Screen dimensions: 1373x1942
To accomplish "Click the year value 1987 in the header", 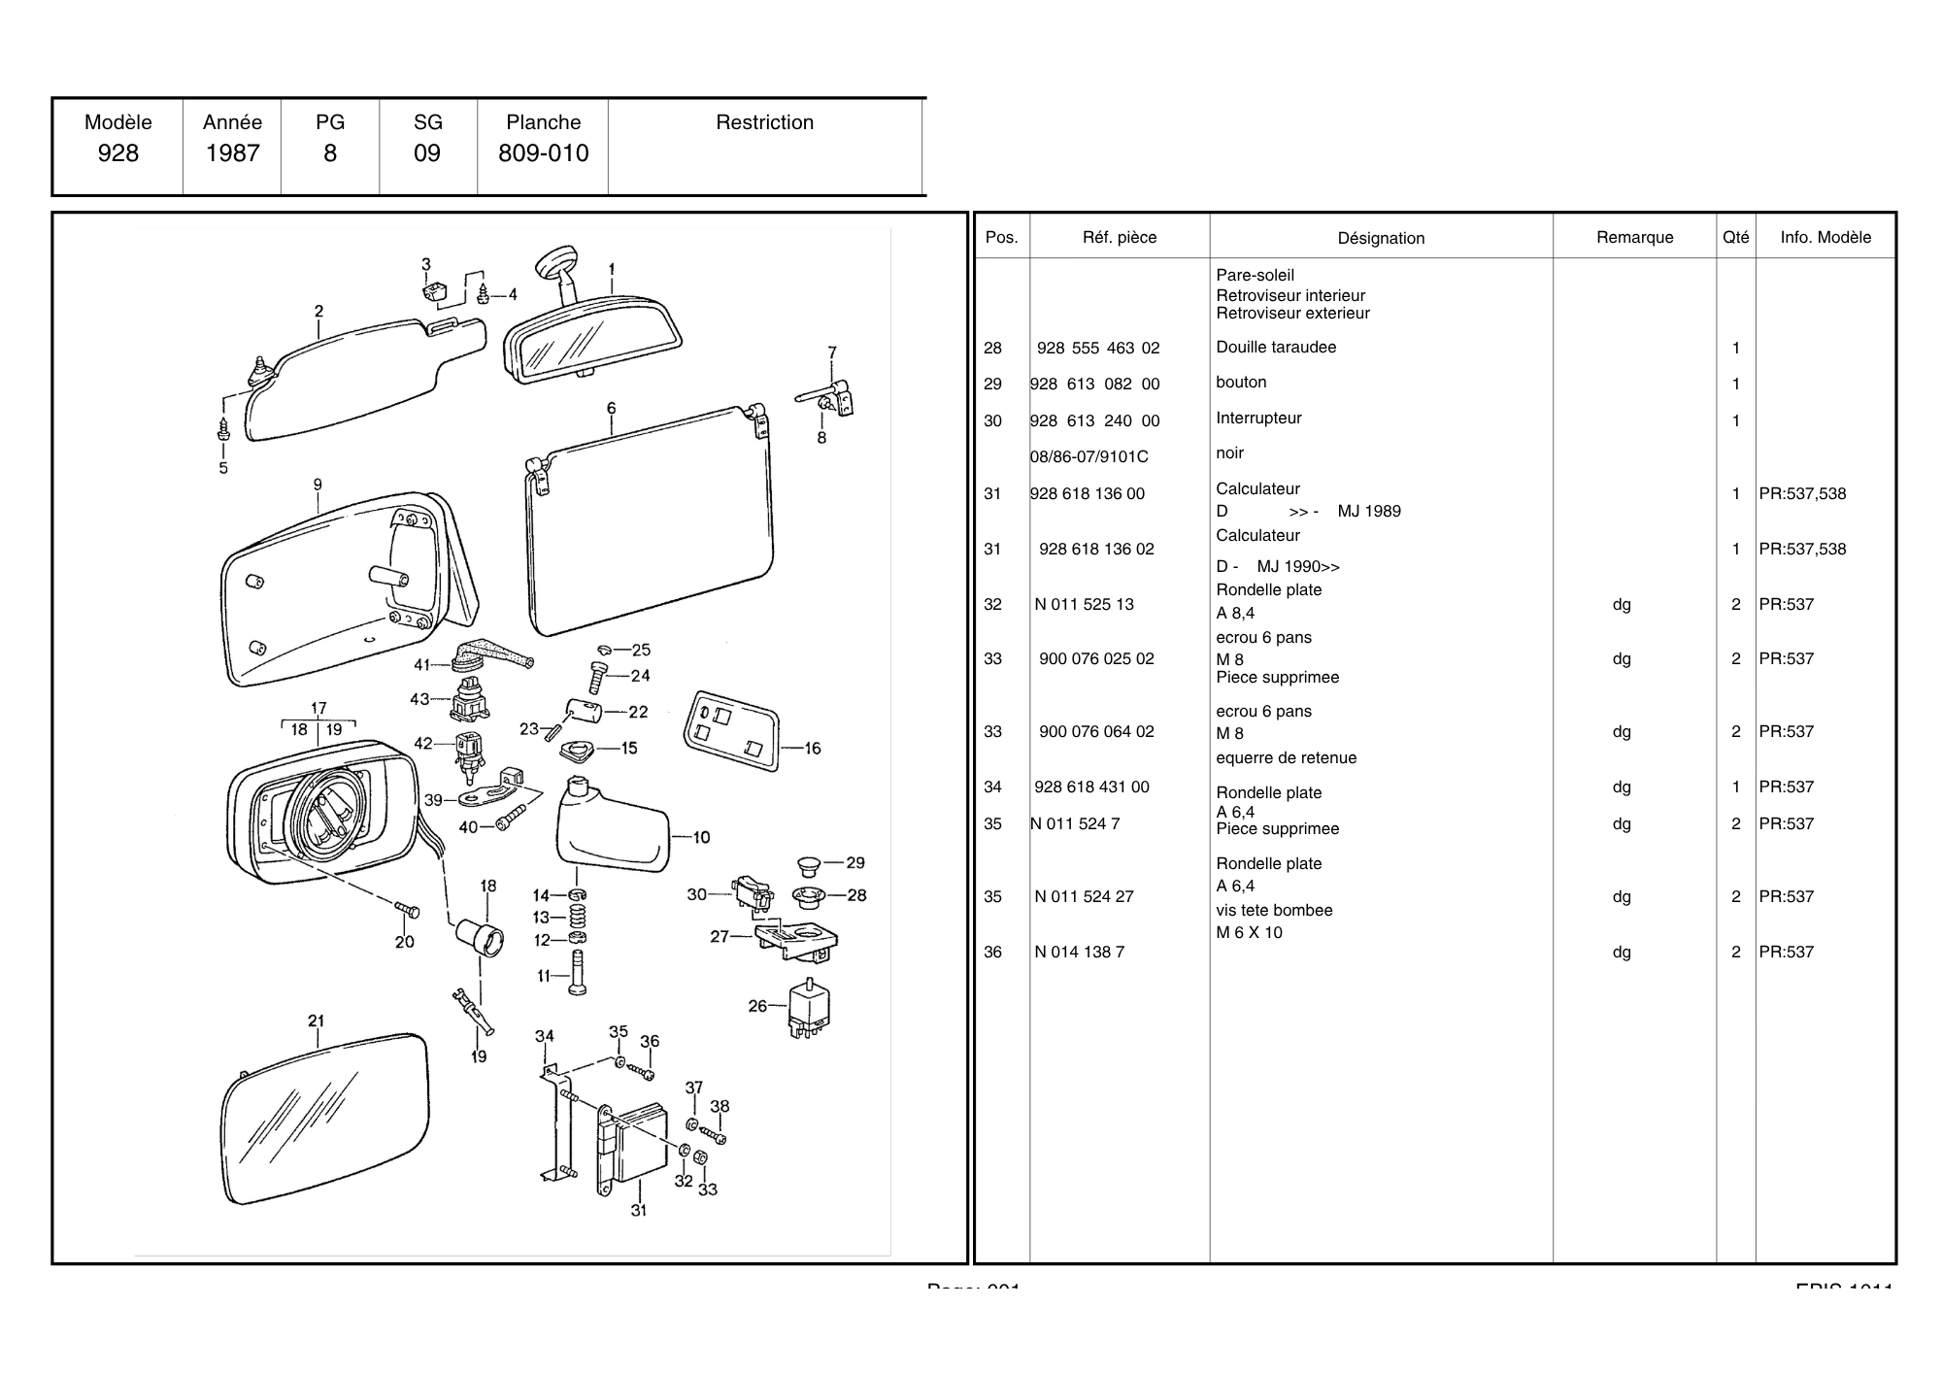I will point(232,153).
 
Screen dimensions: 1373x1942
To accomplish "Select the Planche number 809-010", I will point(543,153).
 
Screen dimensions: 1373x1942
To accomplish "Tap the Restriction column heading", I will point(764,122).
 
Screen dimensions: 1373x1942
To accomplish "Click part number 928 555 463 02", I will point(1097,348).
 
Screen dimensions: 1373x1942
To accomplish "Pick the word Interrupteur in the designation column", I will point(1258,418).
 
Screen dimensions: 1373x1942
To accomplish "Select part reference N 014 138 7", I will point(1079,952).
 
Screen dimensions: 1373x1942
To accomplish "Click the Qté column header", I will point(1735,237).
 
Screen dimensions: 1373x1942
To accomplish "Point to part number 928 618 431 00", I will point(1091,787).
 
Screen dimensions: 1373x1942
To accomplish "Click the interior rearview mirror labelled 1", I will point(592,340).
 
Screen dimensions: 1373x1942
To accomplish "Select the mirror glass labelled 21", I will point(325,1117).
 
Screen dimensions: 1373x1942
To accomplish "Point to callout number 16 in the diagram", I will point(813,749).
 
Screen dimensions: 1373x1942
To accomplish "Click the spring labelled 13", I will point(577,917).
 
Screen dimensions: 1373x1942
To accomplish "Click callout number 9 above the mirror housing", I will point(318,485).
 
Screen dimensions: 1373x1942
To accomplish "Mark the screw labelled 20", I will point(408,910).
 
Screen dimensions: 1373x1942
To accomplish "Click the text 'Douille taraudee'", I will point(1276,347).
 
